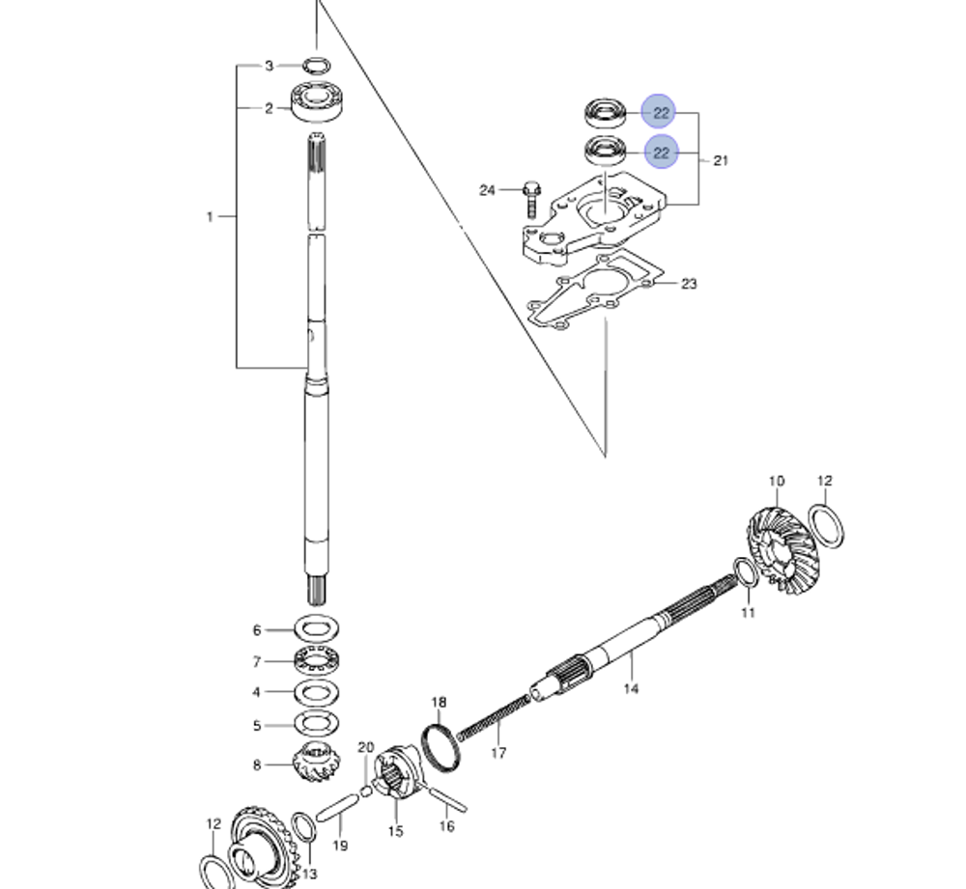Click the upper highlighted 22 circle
661,113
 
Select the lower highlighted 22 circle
661,153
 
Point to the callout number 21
721,161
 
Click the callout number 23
689,284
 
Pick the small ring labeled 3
315,66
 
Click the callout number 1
210,216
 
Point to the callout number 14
631,689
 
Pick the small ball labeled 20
366,792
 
